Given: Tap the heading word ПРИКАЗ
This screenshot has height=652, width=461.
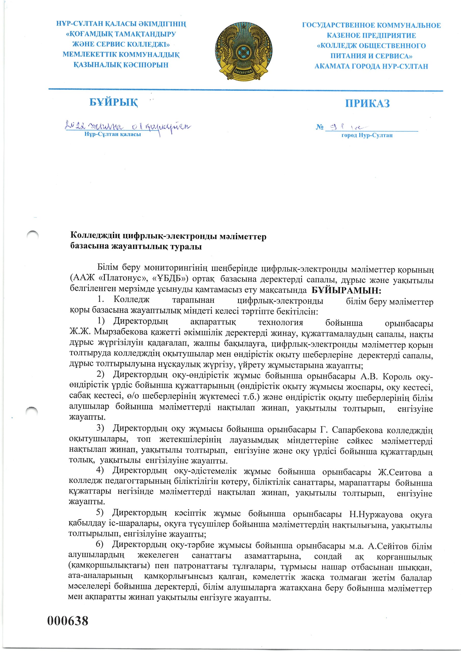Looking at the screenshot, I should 367,103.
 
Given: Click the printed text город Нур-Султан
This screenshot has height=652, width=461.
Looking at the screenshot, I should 367,135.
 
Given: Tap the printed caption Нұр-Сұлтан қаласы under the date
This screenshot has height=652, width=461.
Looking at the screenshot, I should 113,134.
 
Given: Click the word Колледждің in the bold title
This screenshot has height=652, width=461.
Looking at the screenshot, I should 96,236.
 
